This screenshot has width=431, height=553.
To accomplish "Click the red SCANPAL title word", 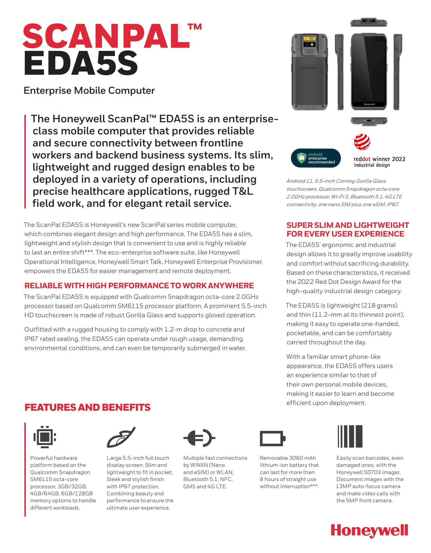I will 106,36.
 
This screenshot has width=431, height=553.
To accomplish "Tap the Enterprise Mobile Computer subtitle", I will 89,91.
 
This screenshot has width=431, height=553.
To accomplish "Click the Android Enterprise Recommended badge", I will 316,158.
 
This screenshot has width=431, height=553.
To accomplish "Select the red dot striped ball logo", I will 362,142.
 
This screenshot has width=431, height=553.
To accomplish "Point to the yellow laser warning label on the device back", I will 310,38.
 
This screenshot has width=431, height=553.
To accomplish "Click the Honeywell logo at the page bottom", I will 369,531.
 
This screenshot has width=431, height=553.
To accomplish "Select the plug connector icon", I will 199,438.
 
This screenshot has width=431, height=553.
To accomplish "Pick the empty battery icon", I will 273,438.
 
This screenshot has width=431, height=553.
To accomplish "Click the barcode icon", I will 350,436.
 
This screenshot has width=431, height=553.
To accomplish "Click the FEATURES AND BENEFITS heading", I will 88,407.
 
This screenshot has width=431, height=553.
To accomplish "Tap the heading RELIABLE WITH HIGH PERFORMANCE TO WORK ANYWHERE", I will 139,286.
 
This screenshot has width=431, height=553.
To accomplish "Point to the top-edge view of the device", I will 369,22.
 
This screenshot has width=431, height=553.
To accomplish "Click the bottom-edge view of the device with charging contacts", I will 369,121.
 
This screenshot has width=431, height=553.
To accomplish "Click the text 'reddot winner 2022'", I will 379,159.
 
